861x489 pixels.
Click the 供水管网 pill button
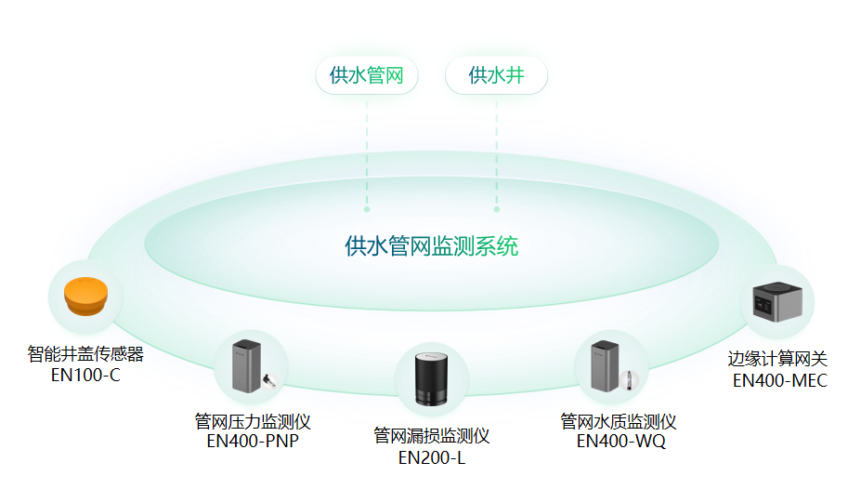(x=366, y=75)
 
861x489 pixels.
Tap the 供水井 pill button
(x=496, y=75)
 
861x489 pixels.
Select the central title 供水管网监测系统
(x=431, y=246)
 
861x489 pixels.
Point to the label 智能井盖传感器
(x=85, y=354)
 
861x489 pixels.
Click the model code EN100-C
(x=85, y=376)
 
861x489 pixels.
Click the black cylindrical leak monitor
(x=431, y=379)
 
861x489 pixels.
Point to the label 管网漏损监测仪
(x=431, y=436)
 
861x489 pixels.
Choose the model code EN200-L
(x=431, y=457)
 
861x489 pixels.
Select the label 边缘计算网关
(x=778, y=359)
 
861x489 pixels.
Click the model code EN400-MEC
(x=778, y=380)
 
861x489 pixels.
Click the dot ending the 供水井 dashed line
(x=496, y=210)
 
